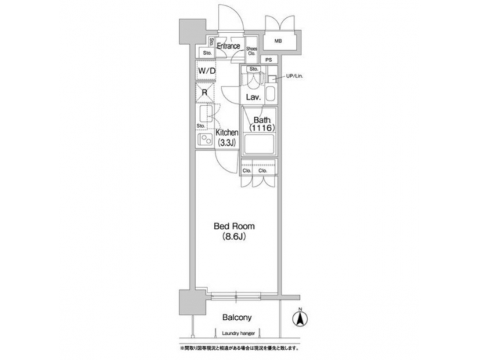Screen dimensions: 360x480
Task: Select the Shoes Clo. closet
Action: coord(251,50)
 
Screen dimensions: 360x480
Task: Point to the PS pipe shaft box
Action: coord(269,60)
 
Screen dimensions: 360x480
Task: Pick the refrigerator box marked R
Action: coord(205,93)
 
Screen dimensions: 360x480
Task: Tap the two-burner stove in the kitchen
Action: coord(205,140)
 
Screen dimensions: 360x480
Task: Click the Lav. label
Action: coord(253,97)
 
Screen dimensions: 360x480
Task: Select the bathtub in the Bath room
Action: coord(259,145)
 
